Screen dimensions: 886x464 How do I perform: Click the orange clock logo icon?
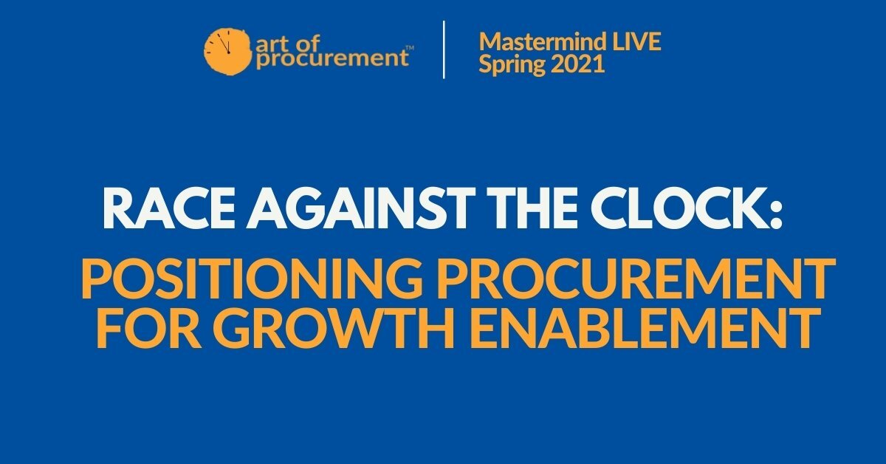click(227, 51)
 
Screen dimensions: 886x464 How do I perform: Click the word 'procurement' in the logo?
click(332, 59)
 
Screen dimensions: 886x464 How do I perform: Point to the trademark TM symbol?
click(411, 48)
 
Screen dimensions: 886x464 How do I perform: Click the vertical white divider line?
click(444, 50)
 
